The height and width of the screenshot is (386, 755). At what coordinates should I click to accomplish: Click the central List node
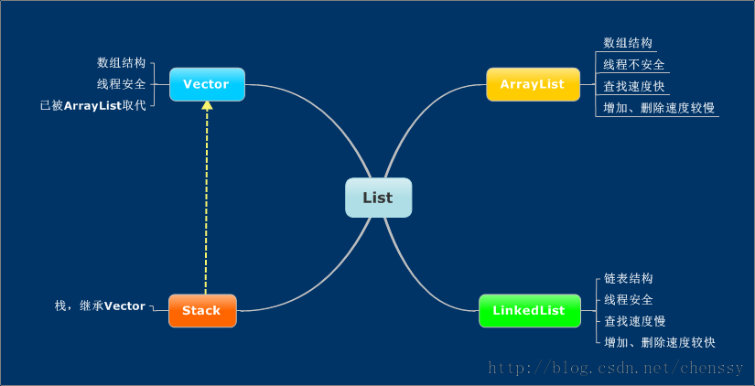379,198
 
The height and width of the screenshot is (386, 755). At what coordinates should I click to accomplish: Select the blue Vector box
207,84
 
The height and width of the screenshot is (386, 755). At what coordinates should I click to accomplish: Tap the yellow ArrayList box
533,84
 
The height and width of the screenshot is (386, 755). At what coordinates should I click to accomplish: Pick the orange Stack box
202,310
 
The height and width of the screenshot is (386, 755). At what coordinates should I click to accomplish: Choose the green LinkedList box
530,310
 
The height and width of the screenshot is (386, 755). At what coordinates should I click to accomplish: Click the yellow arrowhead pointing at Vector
207,105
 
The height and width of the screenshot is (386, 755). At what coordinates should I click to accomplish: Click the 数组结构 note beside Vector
122,63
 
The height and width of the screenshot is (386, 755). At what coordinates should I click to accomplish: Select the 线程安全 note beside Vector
122,84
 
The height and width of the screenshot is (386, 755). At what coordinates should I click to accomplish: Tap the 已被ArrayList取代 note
93,105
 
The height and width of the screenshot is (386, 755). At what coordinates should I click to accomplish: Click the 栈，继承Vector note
100,306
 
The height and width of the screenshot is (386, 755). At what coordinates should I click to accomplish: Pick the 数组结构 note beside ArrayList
628,42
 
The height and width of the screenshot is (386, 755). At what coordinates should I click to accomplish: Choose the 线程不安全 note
634,65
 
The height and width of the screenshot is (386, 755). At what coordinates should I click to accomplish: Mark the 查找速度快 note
634,86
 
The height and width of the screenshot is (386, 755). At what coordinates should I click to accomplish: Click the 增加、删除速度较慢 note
659,108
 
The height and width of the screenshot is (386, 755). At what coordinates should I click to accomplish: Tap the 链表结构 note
629,278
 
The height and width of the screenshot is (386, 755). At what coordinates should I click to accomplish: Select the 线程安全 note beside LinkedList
629,299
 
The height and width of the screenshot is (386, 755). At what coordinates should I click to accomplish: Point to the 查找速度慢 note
634,321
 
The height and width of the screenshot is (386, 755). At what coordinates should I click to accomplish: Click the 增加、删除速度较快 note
660,342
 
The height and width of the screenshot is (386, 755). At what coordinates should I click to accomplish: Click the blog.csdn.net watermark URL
616,369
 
